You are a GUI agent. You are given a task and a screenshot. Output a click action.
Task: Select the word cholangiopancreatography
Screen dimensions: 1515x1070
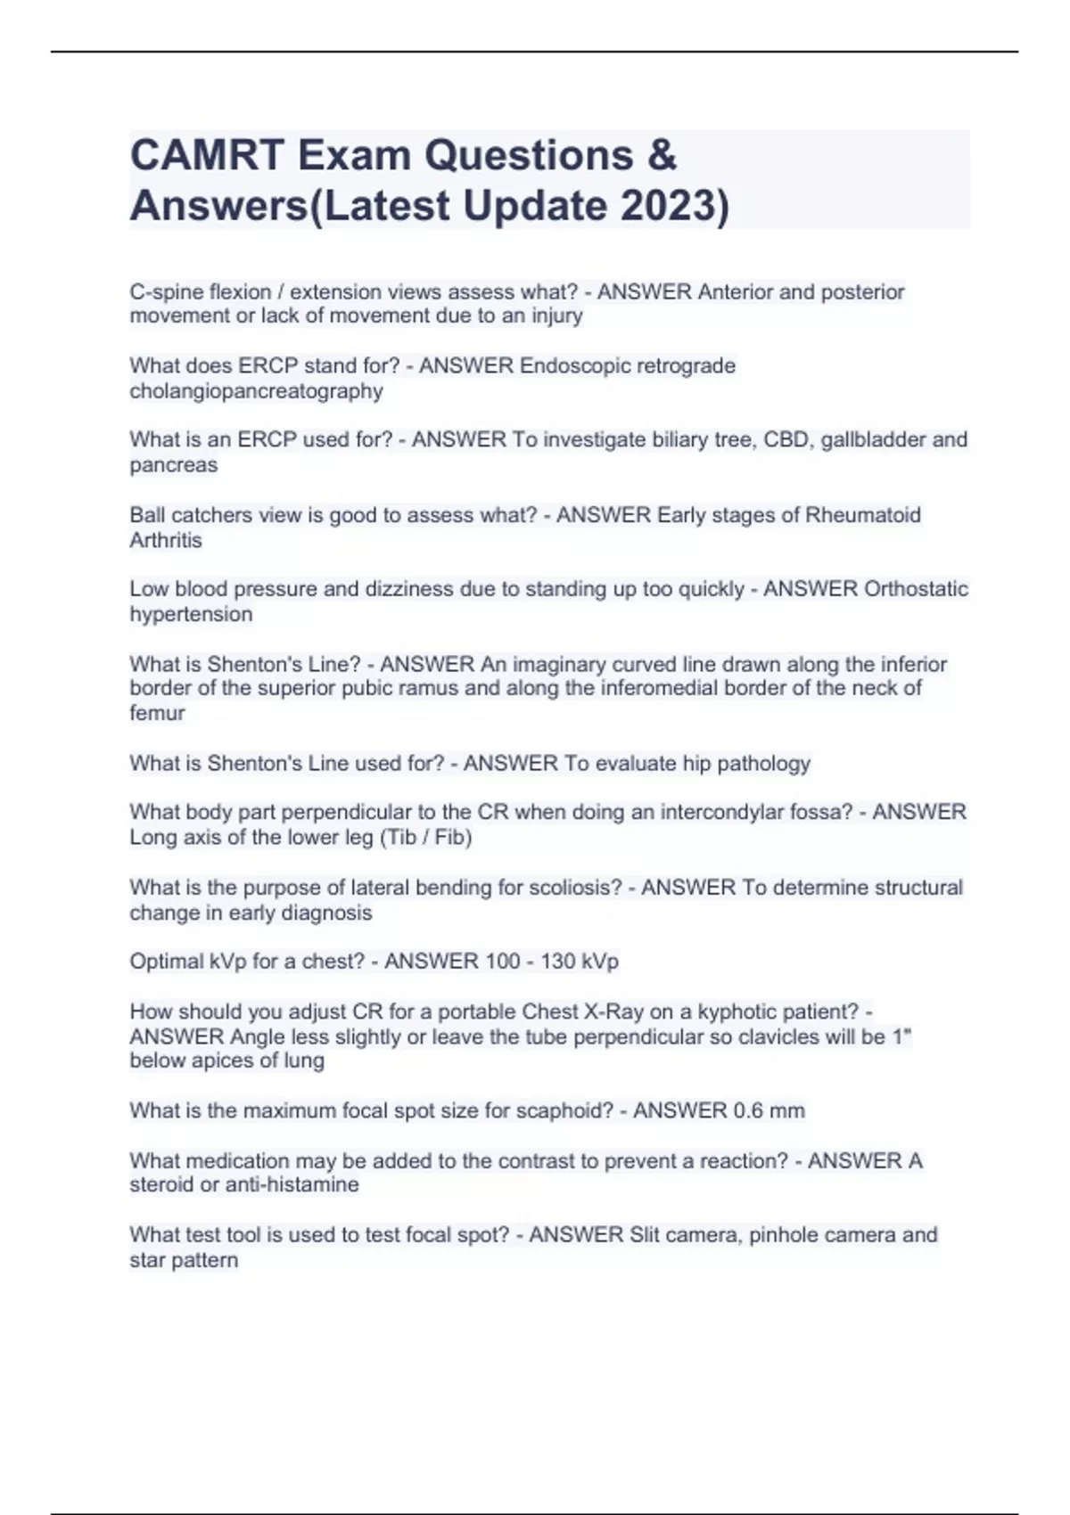pos(256,391)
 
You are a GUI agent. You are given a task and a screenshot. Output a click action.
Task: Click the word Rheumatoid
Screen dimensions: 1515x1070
pos(863,515)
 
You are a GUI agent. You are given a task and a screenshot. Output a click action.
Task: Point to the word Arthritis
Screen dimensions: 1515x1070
pos(166,540)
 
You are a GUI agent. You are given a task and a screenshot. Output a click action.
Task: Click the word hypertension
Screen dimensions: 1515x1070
pos(191,614)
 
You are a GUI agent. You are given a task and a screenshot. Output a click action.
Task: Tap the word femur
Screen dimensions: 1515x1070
pos(157,713)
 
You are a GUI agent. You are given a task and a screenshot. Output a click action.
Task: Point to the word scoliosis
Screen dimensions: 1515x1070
pos(575,888)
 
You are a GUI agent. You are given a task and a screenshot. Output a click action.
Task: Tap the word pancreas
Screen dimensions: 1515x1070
pos(173,465)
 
